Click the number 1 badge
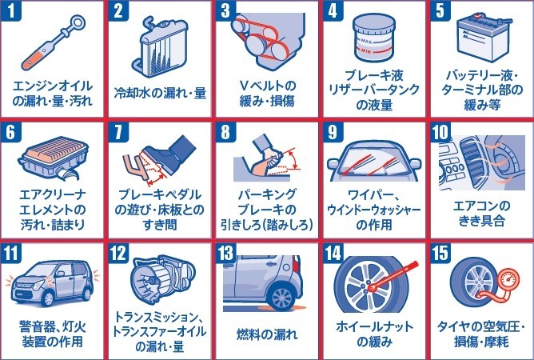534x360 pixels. (x=11, y=10)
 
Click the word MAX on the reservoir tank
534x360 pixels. (x=366, y=42)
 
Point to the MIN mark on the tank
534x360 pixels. (x=366, y=52)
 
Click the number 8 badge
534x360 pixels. (x=225, y=131)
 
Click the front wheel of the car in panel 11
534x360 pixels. (x=47, y=298)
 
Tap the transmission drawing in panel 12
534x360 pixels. (x=161, y=280)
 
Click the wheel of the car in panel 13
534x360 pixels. (x=281, y=298)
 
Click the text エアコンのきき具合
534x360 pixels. (x=481, y=214)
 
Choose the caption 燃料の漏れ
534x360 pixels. (x=267, y=334)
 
